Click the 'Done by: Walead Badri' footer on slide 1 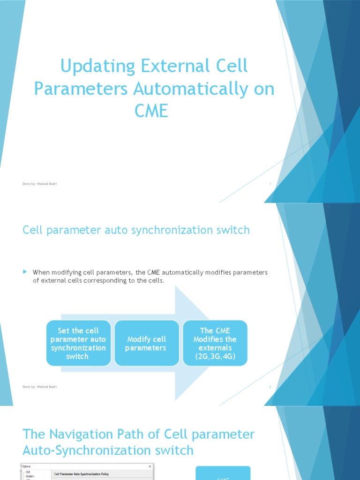(40, 184)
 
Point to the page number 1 (270, 184)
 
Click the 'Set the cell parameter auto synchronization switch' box (78, 343)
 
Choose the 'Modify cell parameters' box (146, 343)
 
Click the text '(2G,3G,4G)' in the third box (215, 356)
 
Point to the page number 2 (270, 387)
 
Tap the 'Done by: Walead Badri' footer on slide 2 (40, 387)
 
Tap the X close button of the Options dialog (150, 467)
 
